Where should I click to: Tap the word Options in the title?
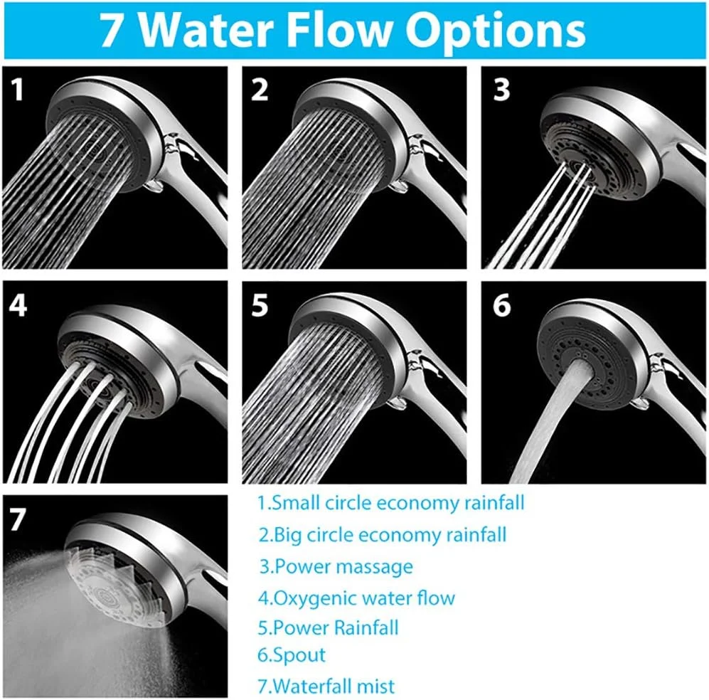point(495,31)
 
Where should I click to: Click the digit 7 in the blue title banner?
point(111,31)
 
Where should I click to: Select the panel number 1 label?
point(17,89)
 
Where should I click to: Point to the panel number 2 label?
point(260,89)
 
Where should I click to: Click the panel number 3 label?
point(501,89)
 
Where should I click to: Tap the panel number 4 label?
point(18,305)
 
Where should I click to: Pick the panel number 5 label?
point(260,305)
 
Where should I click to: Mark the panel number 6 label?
point(502,305)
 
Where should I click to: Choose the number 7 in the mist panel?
point(18,519)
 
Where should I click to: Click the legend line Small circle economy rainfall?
point(391,503)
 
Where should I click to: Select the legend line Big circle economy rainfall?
point(383,535)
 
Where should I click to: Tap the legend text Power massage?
point(336,566)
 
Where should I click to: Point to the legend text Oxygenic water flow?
point(356,598)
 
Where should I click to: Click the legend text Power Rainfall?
point(328,627)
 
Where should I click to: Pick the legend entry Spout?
point(291,655)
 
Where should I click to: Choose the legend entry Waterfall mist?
point(326,686)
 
